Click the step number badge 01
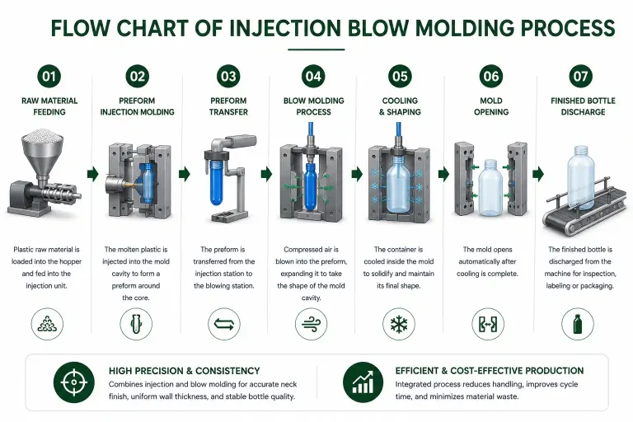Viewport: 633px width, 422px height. pos(49,76)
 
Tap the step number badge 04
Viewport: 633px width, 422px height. pos(313,76)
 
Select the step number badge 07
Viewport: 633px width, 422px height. pos(580,76)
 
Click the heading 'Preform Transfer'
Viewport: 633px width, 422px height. pos(228,106)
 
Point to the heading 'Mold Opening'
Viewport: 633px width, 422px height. pos(491,106)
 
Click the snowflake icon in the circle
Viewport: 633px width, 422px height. pos(399,324)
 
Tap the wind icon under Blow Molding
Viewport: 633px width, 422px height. pos(311,324)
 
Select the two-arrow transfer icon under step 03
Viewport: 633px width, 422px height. pos(224,324)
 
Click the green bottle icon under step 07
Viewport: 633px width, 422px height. pos(578,324)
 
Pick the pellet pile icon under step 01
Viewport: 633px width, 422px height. pos(47,324)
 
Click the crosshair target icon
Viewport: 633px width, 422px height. pos(74,382)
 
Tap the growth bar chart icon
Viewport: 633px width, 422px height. pos(363,382)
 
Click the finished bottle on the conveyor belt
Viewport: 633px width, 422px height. pos(580,178)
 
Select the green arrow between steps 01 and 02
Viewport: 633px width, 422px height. pos(93,174)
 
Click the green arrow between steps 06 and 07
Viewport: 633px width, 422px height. pos(538,174)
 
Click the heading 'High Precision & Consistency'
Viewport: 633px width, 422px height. pos(185,371)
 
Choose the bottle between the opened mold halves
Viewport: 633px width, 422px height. pos(490,186)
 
